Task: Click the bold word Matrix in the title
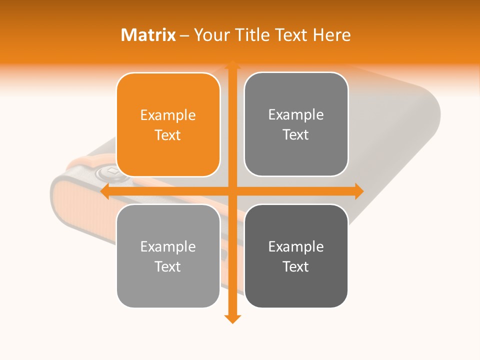pyautogui.click(x=148, y=35)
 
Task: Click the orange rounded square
pyautogui.click(x=168, y=124)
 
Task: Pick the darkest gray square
pyautogui.click(x=296, y=256)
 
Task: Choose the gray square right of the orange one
pyautogui.click(x=296, y=124)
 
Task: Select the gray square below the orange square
pyautogui.click(x=168, y=256)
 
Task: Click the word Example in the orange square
pyautogui.click(x=168, y=115)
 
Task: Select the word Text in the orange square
pyautogui.click(x=168, y=135)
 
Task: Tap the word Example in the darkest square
pyautogui.click(x=296, y=246)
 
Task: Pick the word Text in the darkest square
pyautogui.click(x=296, y=266)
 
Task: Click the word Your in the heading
pyautogui.click(x=210, y=35)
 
